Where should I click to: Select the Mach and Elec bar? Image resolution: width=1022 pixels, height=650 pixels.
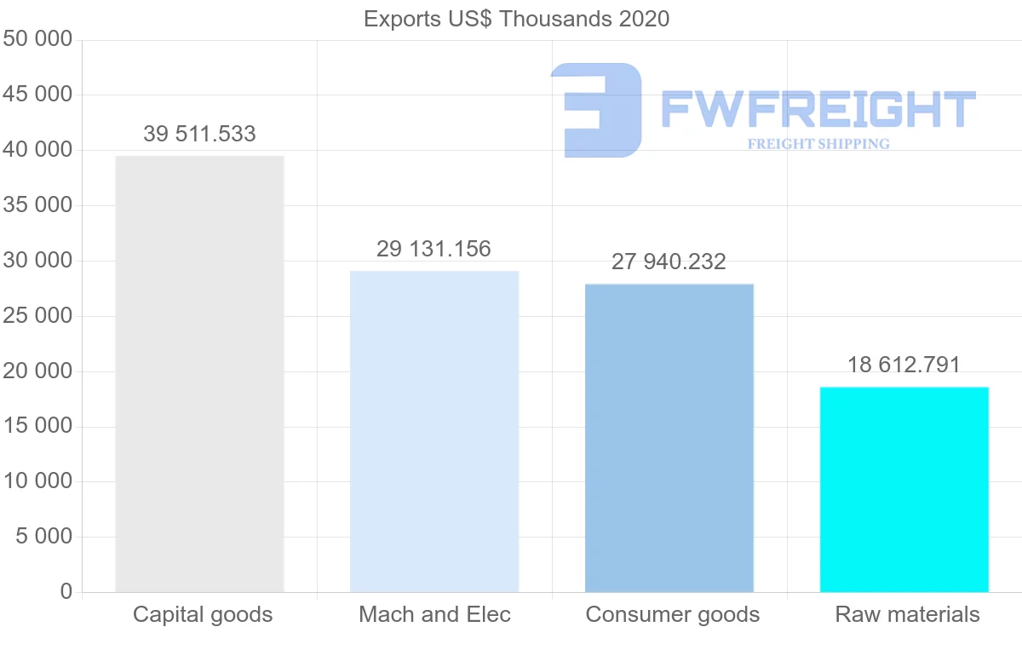(434, 431)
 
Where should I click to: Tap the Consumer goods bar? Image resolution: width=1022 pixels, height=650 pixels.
(669, 438)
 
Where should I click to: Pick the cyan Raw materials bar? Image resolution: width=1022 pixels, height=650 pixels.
(904, 489)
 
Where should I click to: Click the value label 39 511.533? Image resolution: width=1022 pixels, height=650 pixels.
(199, 134)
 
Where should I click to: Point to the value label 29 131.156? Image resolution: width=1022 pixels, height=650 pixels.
(434, 249)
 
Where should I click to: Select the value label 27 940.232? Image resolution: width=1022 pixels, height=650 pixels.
(669, 262)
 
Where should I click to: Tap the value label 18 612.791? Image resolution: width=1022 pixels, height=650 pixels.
(904, 365)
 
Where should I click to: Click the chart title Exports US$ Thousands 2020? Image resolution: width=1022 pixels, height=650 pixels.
(517, 19)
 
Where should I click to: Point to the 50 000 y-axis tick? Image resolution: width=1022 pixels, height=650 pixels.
(37, 40)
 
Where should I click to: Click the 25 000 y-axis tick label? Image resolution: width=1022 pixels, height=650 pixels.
(37, 316)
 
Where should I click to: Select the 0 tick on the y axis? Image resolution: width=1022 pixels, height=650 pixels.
(66, 592)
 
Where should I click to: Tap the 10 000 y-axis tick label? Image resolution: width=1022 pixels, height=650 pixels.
(37, 481)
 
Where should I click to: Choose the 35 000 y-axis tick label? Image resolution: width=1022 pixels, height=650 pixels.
(37, 205)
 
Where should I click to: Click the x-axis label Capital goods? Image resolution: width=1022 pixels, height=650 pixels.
(203, 614)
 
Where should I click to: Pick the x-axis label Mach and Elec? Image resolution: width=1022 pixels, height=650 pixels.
(435, 614)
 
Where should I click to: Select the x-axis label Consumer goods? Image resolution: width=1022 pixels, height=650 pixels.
(673, 614)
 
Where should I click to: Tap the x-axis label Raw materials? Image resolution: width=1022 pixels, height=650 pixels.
(908, 614)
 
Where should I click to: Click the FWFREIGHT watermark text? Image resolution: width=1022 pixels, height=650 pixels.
(818, 110)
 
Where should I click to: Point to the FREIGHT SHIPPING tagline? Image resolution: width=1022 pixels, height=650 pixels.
(818, 144)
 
